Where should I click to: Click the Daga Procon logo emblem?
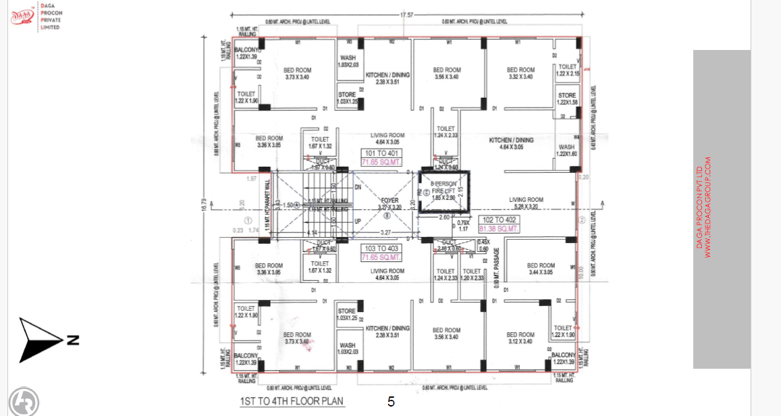[x=23, y=17]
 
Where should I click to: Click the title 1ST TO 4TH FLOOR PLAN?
[x=292, y=401]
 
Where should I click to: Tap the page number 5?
[x=391, y=401]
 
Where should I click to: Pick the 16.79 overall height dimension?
[x=204, y=203]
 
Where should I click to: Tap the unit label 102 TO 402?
[x=500, y=220]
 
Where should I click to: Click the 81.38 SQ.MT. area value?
[x=500, y=229]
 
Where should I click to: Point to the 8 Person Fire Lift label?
[x=444, y=187]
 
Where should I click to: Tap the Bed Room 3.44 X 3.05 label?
[x=541, y=269]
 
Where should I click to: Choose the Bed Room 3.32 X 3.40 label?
[x=520, y=73]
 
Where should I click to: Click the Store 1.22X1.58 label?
[x=567, y=99]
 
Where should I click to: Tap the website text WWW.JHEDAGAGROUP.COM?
[x=707, y=207]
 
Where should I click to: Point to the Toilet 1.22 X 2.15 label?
[x=567, y=70]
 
